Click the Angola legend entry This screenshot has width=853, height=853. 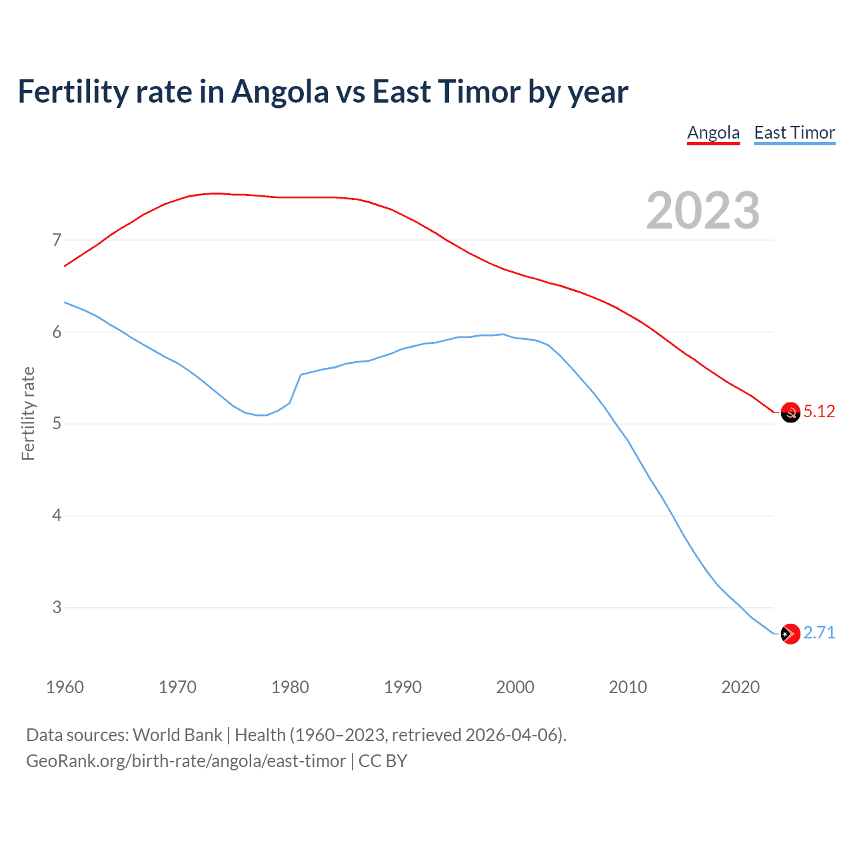point(713,133)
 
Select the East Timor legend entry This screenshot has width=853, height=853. point(794,133)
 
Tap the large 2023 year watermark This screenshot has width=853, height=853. point(702,211)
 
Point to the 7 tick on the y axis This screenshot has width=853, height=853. point(57,240)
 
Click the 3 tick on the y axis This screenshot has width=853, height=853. point(57,607)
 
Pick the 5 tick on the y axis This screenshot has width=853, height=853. point(57,424)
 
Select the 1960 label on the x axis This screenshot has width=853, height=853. point(65,687)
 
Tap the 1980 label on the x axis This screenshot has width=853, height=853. point(290,687)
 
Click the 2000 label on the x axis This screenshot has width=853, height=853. point(515,687)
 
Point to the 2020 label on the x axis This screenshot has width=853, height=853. point(740,687)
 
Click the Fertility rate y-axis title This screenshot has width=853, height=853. point(28,413)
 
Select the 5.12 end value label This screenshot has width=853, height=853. point(819,412)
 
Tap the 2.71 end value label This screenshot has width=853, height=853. point(819,632)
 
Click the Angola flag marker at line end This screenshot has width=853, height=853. point(790,413)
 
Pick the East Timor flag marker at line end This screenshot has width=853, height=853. point(790,634)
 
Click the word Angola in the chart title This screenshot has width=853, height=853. point(280,92)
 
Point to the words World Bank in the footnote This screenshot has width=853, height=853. point(177,735)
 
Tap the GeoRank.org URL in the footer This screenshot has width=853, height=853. point(186,761)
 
